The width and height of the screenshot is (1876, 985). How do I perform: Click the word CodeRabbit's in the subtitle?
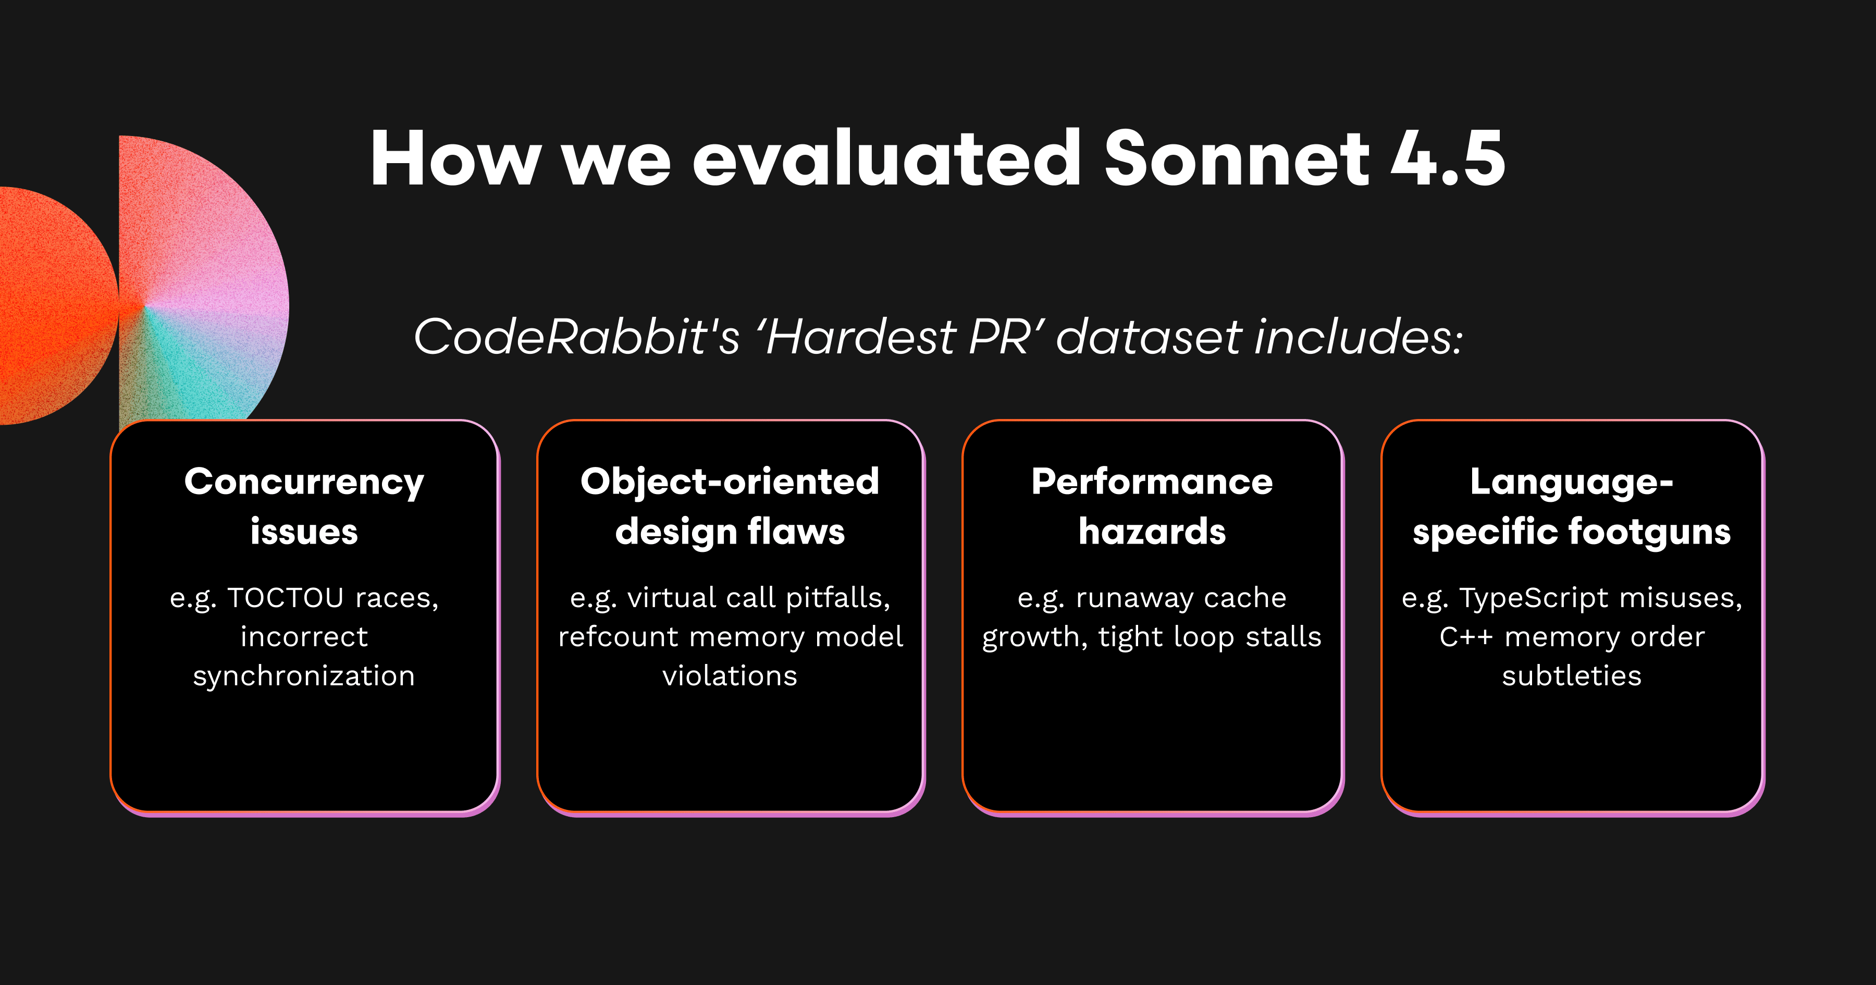coord(577,337)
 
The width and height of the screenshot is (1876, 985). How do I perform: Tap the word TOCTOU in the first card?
coord(286,597)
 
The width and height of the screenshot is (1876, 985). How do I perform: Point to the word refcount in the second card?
coord(618,637)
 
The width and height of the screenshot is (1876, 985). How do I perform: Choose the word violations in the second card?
coord(730,675)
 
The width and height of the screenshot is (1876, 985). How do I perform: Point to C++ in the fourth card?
coord(1466,637)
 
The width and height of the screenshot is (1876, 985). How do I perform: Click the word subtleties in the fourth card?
coord(1572,675)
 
